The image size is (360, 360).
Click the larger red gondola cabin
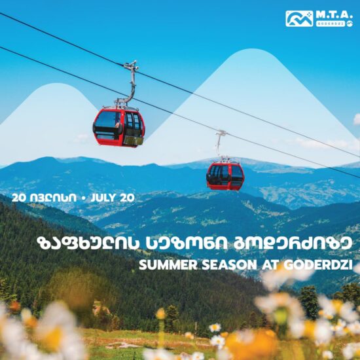[x=118, y=127]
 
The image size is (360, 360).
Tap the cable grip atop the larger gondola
[x=132, y=66]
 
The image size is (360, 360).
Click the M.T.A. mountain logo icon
[x=299, y=18]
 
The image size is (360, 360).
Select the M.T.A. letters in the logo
[x=334, y=15]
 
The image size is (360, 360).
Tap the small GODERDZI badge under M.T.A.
[x=331, y=24]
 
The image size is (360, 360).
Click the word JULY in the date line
[x=105, y=198]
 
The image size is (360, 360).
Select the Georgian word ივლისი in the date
[x=53, y=198]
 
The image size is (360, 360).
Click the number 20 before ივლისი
[x=19, y=198]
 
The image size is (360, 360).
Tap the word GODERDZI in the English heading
[x=318, y=265]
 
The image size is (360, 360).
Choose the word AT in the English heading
[x=270, y=265]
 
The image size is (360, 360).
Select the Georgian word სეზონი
[x=187, y=243]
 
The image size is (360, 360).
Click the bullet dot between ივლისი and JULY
[x=84, y=198]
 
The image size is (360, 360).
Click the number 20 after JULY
[x=127, y=198]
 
